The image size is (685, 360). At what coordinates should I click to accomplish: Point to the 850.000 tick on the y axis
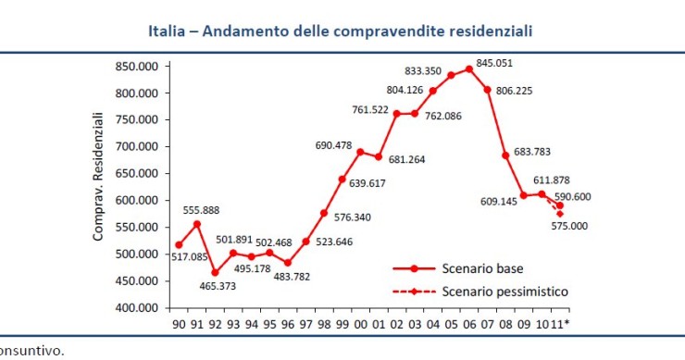point(137,67)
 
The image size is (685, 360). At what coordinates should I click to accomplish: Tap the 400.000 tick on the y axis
point(137,307)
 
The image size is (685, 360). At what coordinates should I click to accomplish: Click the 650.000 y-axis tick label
point(137,173)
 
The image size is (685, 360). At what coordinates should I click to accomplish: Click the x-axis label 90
point(179,324)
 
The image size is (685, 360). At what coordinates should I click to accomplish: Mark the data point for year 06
point(469,68)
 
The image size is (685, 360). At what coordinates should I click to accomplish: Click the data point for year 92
point(215,272)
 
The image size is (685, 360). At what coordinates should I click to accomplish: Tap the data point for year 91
point(196,224)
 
